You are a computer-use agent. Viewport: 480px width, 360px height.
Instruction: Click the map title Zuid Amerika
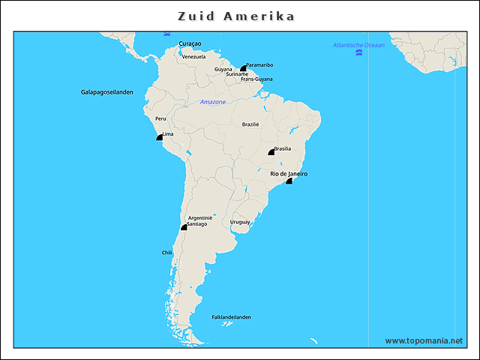(x=235, y=16)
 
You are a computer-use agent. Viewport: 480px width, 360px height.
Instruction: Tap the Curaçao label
(x=190, y=44)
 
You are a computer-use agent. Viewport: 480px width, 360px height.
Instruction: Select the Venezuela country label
(x=193, y=57)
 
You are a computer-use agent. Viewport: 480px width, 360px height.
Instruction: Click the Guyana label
(x=223, y=69)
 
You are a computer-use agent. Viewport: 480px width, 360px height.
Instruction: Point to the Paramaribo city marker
(x=243, y=68)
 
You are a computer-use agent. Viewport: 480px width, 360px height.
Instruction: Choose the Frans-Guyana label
(x=256, y=79)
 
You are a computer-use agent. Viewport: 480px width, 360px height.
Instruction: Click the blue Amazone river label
(x=212, y=102)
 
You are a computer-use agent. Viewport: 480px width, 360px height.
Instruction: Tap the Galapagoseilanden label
(x=107, y=92)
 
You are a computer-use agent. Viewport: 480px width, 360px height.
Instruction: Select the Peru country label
(x=160, y=118)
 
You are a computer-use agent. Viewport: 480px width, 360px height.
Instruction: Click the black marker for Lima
(x=159, y=137)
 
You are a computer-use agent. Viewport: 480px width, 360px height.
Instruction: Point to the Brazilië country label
(x=250, y=124)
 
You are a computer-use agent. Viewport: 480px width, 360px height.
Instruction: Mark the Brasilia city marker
(x=271, y=152)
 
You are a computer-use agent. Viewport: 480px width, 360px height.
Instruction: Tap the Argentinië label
(x=200, y=217)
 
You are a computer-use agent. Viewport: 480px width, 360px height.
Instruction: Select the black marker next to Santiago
(x=184, y=226)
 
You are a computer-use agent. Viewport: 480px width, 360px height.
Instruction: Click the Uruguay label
(x=240, y=222)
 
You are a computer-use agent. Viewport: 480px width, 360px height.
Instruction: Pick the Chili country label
(x=167, y=253)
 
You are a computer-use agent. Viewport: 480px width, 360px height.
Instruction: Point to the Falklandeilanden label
(x=231, y=317)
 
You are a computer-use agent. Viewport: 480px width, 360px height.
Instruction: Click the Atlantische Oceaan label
(x=358, y=45)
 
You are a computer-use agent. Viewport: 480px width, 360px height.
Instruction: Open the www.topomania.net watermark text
(x=424, y=340)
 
